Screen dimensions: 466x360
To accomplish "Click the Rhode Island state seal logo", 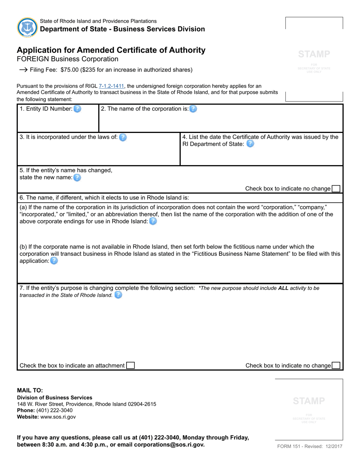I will (x=27, y=27).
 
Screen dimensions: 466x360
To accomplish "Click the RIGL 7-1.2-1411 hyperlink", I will (x=111, y=86).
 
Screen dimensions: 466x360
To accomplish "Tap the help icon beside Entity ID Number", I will (x=77, y=109).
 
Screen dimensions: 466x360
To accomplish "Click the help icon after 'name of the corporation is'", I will (x=193, y=109).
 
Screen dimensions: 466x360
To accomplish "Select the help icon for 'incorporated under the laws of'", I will (x=123, y=138).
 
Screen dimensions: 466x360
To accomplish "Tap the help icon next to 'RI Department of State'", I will (x=250, y=144).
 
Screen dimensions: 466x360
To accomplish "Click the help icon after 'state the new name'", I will (x=77, y=177).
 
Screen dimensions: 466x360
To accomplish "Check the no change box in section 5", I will (x=336, y=189).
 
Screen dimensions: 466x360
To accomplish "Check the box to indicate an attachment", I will (x=130, y=366).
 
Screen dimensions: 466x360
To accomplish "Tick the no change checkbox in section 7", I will (x=336, y=366).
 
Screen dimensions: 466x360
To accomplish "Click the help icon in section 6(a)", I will (x=153, y=221).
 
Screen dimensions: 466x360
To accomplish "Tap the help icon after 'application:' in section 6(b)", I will (x=54, y=261).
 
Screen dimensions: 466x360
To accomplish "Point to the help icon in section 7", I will (x=118, y=295).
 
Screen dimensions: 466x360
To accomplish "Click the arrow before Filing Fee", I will (x=23, y=70).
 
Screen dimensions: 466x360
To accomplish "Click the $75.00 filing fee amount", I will (x=69, y=70).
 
